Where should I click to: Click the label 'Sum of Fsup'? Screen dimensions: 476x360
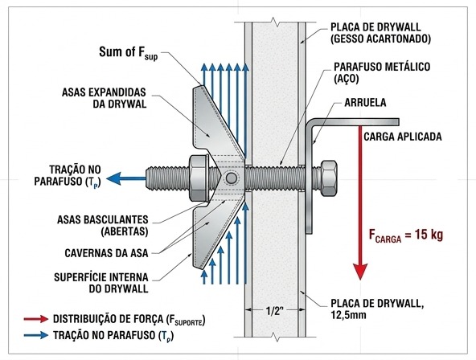click(x=129, y=53)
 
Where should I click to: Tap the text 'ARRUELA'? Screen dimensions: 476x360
click(x=365, y=103)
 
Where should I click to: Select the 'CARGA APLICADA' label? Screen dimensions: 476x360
click(x=403, y=137)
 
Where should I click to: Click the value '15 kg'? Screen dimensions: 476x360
click(x=429, y=235)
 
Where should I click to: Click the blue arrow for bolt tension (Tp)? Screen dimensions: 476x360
click(x=126, y=178)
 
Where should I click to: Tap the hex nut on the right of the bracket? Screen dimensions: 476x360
click(x=328, y=178)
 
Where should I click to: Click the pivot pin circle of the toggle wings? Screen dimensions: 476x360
click(x=232, y=178)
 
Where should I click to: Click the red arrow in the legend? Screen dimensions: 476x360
click(x=36, y=319)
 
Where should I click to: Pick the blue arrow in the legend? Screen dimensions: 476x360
click(x=36, y=335)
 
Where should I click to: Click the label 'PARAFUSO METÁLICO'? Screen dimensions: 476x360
click(x=382, y=67)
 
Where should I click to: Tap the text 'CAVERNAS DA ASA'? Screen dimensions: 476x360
click(x=106, y=253)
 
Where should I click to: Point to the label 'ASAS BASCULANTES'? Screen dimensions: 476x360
click(x=103, y=219)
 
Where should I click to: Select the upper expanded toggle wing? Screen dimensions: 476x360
click(x=217, y=121)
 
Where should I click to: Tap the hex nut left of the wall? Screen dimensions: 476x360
click(x=199, y=178)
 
